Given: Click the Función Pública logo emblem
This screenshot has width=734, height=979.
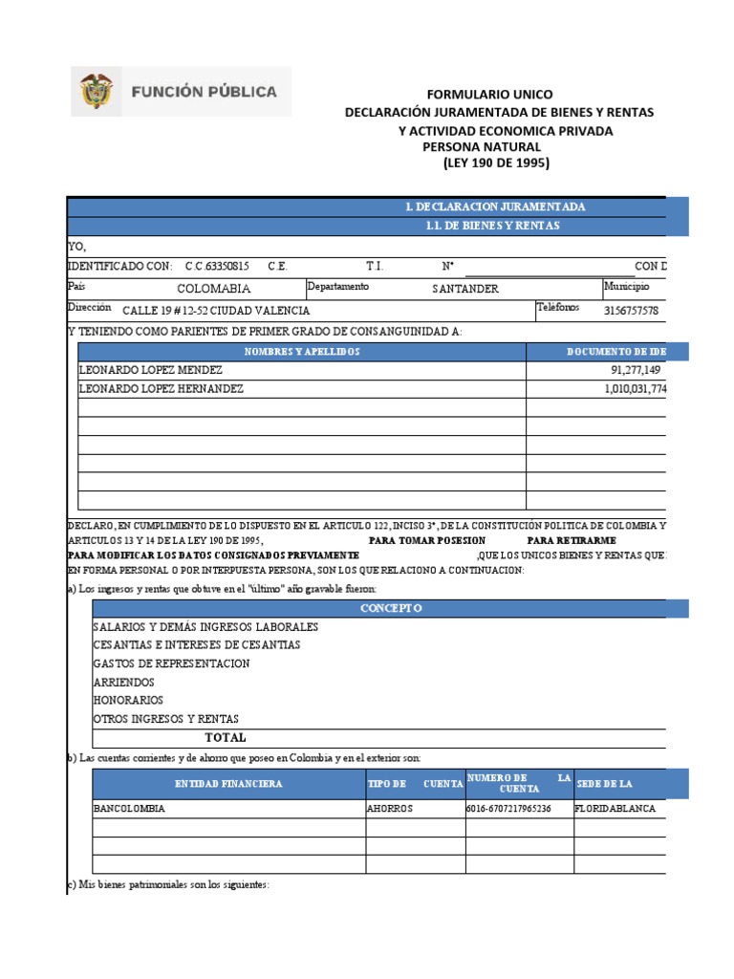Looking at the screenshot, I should tap(97, 92).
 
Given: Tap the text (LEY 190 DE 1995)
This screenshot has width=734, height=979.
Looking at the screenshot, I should tap(496, 163).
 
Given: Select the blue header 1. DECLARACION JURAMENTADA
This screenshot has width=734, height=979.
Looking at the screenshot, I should tap(495, 207).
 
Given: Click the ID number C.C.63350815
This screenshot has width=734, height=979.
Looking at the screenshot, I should tap(217, 266).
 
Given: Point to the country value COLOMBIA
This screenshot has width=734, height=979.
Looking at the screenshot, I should tap(214, 288).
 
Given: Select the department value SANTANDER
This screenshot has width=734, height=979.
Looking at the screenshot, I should tap(464, 289).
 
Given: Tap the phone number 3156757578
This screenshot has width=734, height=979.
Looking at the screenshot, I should tap(632, 311).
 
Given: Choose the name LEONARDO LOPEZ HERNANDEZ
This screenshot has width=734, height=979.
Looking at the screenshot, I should tap(162, 389).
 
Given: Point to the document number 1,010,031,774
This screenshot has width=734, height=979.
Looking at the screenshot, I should tap(634, 389).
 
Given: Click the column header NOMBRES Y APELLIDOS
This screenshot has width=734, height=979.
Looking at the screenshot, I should tap(301, 352).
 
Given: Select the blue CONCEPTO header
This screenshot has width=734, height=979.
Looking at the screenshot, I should tap(391, 608).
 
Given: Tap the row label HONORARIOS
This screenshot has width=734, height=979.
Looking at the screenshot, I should tap(128, 700).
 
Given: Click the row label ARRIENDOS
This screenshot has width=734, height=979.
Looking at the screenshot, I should tap(125, 682).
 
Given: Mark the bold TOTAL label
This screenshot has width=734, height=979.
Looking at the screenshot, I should tap(226, 737).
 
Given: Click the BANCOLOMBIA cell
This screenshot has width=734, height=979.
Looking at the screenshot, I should tap(129, 808).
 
